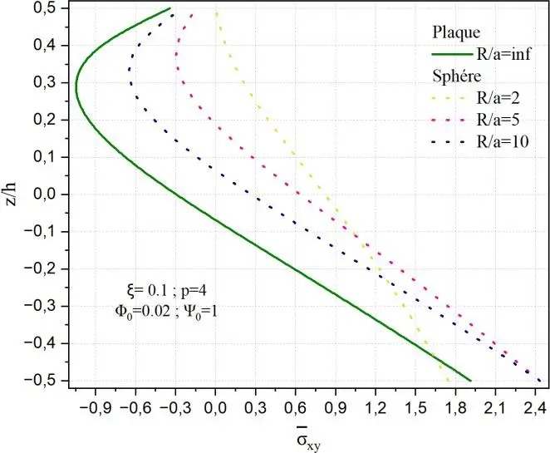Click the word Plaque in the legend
pyautogui.click(x=456, y=33)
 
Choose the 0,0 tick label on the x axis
pyautogui.click(x=215, y=407)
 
